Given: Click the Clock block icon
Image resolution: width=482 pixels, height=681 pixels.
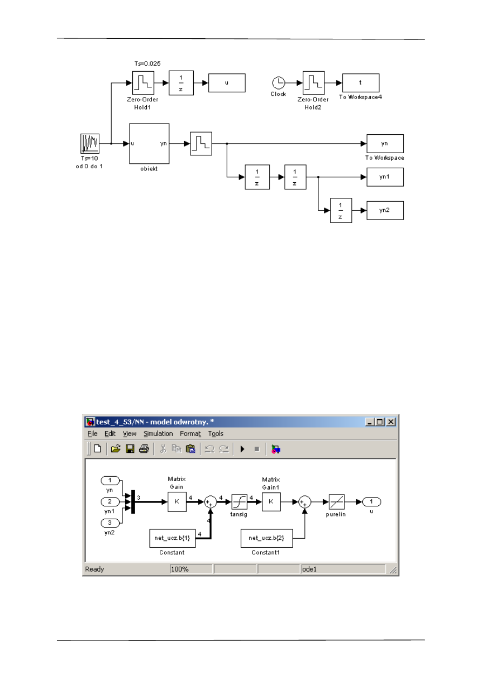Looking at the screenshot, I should (x=279, y=82).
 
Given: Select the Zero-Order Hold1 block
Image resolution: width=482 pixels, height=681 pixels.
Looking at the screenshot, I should (x=144, y=82).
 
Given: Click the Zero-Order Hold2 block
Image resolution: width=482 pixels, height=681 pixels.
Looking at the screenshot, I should (x=314, y=82).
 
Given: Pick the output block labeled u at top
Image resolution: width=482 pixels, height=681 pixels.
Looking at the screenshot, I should (x=227, y=83).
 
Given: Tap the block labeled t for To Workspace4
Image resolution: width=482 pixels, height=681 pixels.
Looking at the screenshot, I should (x=360, y=83).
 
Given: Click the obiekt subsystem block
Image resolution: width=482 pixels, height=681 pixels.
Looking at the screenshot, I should (x=149, y=143).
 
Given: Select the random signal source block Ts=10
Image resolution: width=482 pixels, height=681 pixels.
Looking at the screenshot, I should (x=90, y=144).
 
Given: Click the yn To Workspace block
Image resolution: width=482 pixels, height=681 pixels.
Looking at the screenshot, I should (x=385, y=143).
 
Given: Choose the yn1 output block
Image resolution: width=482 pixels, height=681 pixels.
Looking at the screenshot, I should (x=385, y=177).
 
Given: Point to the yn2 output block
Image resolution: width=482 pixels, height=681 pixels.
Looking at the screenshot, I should (x=385, y=210).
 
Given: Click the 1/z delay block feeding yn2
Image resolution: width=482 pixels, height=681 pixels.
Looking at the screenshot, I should (x=341, y=210).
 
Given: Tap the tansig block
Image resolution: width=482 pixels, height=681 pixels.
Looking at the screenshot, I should (x=239, y=502).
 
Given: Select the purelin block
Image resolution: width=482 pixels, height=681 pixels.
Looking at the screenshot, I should (x=337, y=502).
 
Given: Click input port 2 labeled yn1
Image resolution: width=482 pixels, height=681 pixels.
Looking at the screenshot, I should (x=110, y=502).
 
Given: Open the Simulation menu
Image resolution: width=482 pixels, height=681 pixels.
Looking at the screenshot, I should (x=158, y=434).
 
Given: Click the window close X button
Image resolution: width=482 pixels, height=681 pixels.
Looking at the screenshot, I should (x=391, y=422).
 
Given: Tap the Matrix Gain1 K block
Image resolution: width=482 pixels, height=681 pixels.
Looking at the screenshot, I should (x=271, y=502).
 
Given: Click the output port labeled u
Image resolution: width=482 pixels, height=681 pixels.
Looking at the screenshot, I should (x=371, y=502).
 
